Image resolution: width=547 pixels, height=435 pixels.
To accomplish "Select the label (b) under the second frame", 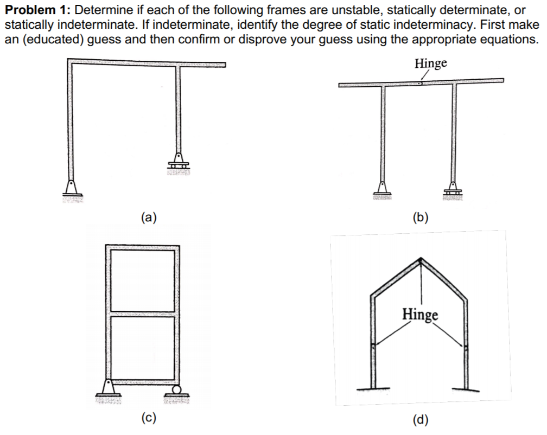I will [420, 219].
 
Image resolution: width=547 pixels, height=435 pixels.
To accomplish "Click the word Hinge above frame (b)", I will [431, 63].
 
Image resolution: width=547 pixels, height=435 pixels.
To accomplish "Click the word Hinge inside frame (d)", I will [420, 314].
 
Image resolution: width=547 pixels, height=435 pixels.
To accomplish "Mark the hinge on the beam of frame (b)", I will [420, 84].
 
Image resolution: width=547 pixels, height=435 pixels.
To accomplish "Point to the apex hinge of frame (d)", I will [422, 261].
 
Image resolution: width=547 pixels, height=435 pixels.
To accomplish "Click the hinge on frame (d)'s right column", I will [466, 346].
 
